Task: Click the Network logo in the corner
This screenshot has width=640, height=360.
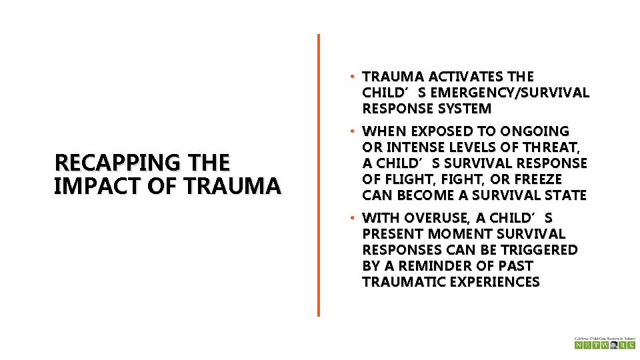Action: click(605, 343)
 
